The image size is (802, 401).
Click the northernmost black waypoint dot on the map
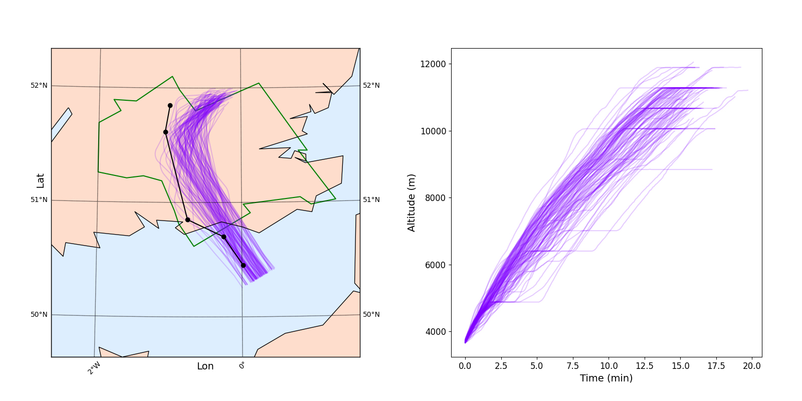coord(170,105)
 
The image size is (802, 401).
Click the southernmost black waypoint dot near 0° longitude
coord(243,265)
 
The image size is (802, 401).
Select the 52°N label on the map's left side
coord(39,85)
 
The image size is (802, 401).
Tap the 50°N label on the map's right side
coord(371,314)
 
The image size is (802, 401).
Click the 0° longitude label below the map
coord(242,365)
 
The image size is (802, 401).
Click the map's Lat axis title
coord(41,181)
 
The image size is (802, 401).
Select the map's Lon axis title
coord(206,366)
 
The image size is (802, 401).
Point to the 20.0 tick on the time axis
coord(751,366)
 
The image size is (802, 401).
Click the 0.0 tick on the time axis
coord(465,366)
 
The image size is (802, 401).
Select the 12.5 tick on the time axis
coord(644,366)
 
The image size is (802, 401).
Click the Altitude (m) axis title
coord(412,203)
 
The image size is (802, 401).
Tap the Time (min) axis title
coord(606,378)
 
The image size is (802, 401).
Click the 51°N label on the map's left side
coord(39,199)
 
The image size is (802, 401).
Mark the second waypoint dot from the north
coord(165,132)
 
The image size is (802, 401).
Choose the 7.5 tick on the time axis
coord(572,366)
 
